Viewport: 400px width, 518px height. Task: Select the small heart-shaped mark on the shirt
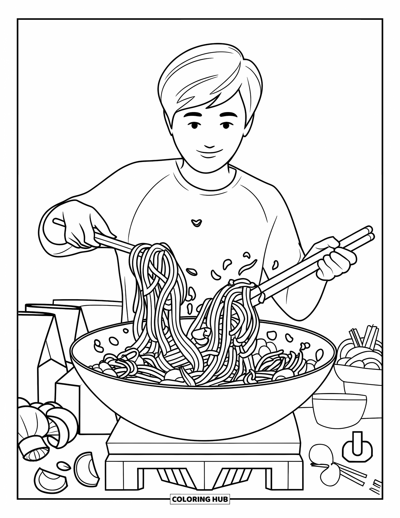click(197, 222)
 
